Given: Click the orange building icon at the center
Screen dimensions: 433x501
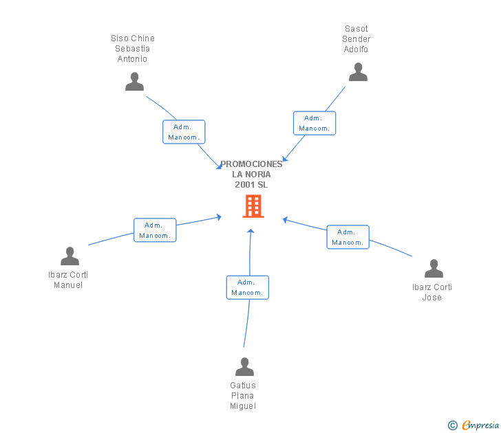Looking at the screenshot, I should (253, 206).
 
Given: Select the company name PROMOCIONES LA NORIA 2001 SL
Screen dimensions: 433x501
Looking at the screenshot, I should (251, 175).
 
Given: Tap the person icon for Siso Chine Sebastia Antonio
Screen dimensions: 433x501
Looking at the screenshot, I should (134, 81).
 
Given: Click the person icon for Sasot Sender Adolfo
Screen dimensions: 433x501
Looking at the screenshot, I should (358, 71).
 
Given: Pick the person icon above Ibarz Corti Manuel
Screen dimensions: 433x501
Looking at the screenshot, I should (70, 256).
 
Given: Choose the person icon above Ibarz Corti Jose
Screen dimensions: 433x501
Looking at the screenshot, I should (434, 268).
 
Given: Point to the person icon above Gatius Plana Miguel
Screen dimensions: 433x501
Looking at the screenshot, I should (244, 366).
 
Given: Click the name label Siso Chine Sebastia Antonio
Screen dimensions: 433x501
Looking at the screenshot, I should (133, 49).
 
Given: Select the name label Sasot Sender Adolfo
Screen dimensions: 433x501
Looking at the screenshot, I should (356, 39).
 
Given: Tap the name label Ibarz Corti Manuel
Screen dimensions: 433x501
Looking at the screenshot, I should (68, 280).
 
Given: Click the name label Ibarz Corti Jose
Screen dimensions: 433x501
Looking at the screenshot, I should (432, 292).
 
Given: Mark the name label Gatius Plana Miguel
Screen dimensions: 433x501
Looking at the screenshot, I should (243, 396).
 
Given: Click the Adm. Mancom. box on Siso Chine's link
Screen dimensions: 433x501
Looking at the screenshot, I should (184, 132).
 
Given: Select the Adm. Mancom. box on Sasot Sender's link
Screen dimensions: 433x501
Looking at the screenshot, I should (315, 123).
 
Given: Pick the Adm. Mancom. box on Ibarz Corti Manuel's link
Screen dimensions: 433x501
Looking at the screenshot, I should (155, 230).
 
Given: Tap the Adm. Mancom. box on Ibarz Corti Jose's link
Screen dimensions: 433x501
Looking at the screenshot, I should (348, 237).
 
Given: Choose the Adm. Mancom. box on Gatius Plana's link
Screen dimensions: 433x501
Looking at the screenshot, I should (247, 287).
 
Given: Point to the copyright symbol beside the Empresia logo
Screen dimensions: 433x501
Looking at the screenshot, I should (453, 426).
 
